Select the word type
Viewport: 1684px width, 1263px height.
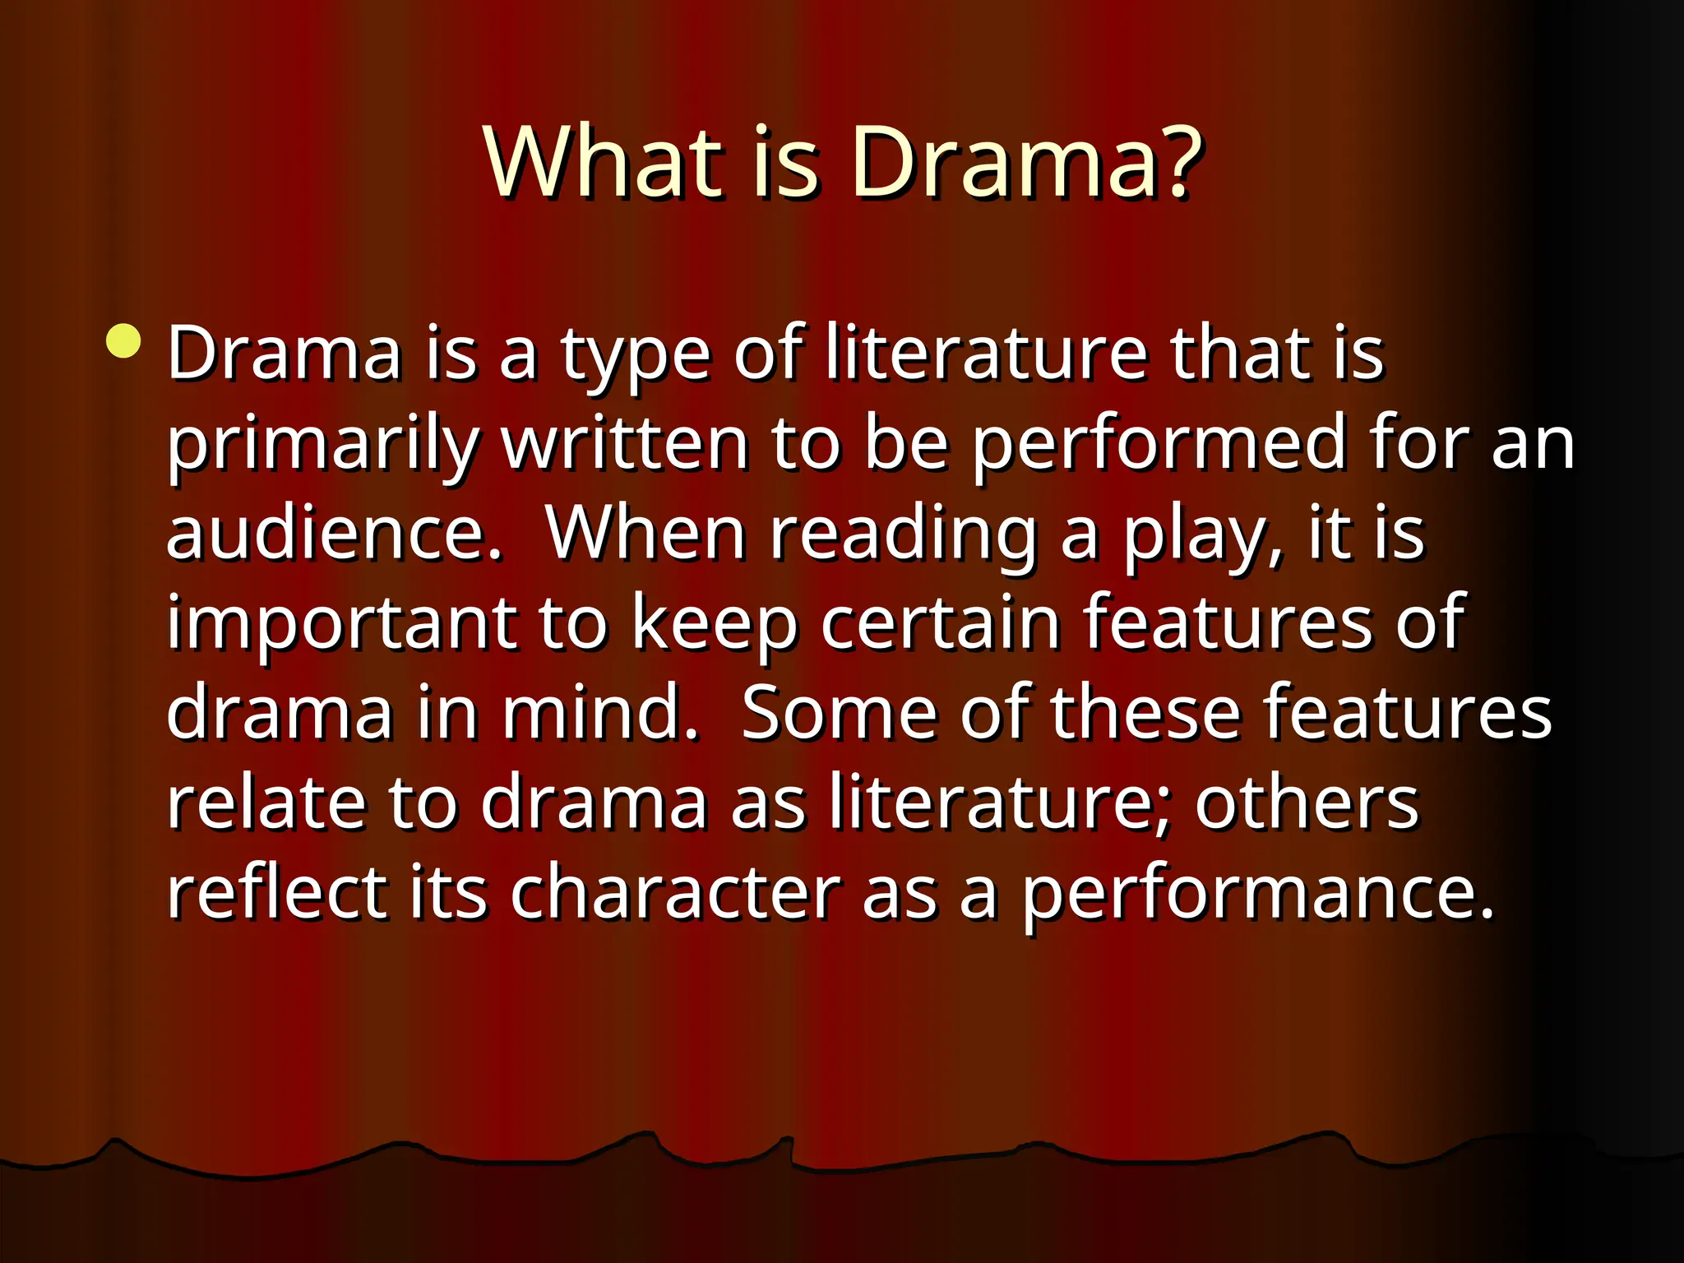click(x=635, y=355)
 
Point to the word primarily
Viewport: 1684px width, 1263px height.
click(x=322, y=446)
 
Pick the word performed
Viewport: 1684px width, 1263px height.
click(x=1159, y=446)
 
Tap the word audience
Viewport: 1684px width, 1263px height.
click(x=334, y=534)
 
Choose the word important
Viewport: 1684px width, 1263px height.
click(x=342, y=625)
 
